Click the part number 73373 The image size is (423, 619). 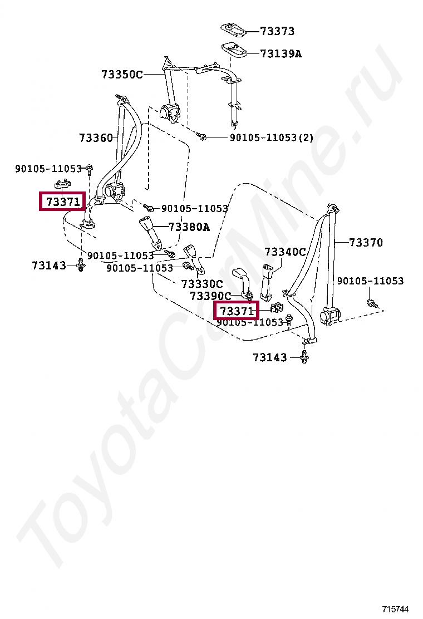(x=278, y=31)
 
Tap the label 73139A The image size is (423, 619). (x=281, y=54)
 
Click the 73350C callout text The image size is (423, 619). (x=122, y=74)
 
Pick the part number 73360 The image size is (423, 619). (x=96, y=137)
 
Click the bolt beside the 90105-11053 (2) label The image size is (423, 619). (x=203, y=136)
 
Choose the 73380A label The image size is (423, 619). (x=189, y=227)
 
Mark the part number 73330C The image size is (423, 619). (x=201, y=284)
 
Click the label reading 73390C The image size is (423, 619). (x=210, y=296)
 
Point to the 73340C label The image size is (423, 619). (x=285, y=252)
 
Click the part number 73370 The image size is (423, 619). (x=366, y=242)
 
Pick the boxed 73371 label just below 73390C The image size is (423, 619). (x=237, y=311)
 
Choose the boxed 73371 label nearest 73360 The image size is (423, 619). (x=62, y=202)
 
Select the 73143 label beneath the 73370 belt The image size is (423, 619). (x=270, y=357)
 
